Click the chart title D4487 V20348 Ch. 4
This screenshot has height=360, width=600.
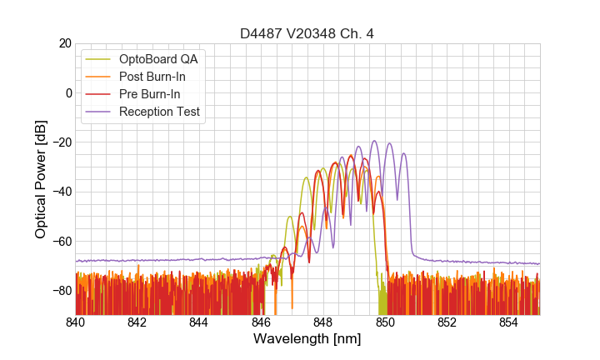[307, 34]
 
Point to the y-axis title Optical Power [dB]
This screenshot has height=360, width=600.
[41, 178]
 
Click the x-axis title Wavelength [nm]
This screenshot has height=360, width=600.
[307, 339]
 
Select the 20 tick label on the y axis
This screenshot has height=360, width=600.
[64, 43]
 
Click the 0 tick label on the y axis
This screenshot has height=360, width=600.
[68, 92]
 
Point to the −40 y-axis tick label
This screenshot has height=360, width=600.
[60, 192]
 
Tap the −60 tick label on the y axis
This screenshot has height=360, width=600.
[60, 241]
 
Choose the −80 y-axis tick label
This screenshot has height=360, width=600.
[60, 291]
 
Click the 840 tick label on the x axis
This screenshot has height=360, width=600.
[76, 322]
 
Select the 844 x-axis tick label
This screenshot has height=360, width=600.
[199, 322]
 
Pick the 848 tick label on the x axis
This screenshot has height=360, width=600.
[323, 322]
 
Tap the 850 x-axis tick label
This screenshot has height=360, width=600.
[385, 322]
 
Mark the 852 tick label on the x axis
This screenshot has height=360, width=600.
[447, 322]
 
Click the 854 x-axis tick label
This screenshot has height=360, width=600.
[508, 322]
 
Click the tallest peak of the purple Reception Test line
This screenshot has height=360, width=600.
[374, 142]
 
